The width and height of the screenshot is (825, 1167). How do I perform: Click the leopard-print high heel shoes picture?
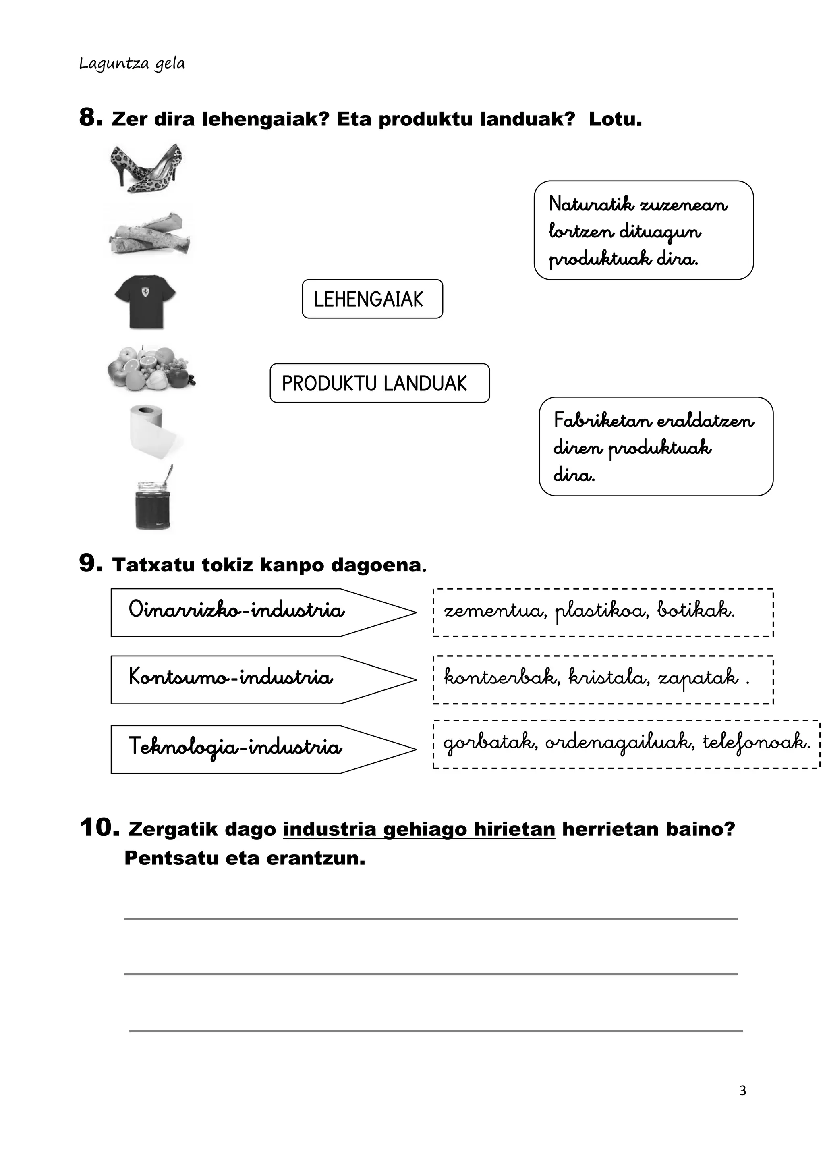point(146,168)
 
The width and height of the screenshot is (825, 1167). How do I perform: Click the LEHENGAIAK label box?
point(372,299)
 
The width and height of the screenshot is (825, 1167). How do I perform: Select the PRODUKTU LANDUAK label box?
point(379,383)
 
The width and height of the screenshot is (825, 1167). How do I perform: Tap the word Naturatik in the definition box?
point(591,205)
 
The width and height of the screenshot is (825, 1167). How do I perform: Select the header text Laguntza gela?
point(132,64)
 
